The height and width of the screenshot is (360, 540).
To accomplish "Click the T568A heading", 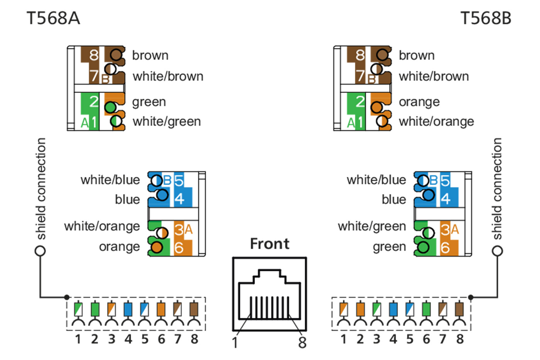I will point(53,19).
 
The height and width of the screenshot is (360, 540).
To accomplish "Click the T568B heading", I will point(486,19).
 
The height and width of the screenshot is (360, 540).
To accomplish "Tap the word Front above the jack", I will point(270,244).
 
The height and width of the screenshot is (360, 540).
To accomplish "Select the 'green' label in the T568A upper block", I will point(149,102).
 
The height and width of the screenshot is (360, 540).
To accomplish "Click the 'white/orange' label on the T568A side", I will point(102,226).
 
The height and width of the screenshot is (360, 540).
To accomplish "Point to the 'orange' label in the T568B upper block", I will point(419,102).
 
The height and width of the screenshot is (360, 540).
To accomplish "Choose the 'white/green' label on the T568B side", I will point(372,226).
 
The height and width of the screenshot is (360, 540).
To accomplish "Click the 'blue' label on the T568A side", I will point(127,200).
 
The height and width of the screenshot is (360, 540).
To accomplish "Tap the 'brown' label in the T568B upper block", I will point(417,56).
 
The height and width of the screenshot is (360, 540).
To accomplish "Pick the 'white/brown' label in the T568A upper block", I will point(168,76).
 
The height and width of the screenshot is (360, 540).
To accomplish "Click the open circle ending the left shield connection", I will point(40,251).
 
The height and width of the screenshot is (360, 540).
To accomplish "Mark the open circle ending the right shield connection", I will point(498,251).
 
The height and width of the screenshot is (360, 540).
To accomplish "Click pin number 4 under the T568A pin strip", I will point(128,339).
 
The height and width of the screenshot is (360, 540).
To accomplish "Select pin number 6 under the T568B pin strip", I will point(426,339).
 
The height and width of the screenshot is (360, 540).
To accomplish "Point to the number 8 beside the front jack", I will point(302,342).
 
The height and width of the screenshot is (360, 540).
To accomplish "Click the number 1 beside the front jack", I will point(235,342).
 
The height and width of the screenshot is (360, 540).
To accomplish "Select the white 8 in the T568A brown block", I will point(94,55).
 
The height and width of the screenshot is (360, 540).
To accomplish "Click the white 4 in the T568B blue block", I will point(445,199).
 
